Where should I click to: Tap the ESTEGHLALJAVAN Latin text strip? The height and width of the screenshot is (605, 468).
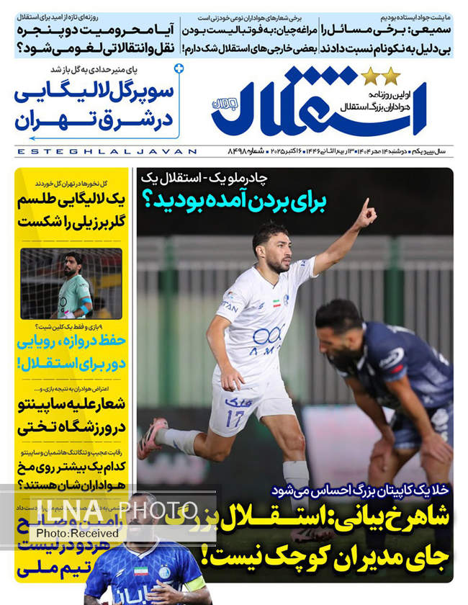(106, 152)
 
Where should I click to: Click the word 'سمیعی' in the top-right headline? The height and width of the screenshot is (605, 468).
(431, 31)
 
